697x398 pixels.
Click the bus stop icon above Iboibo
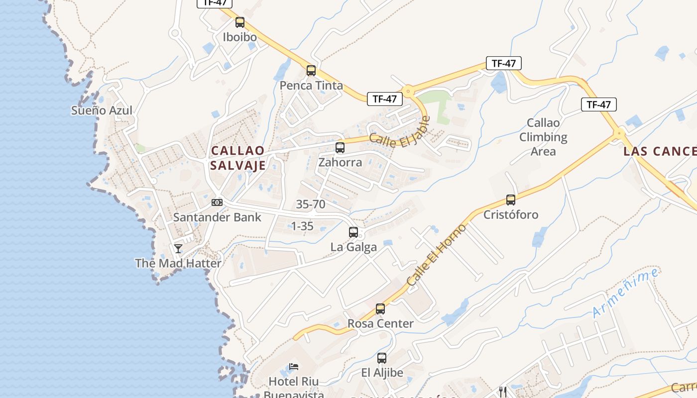point(240,22)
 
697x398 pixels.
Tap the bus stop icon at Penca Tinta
point(311,71)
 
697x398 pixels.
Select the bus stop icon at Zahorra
point(340,148)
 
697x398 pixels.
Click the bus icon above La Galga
point(353,232)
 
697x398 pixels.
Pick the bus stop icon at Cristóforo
point(511,200)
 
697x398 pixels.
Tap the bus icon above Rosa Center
point(380,309)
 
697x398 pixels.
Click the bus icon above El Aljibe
point(382,358)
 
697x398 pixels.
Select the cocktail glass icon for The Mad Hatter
point(178,248)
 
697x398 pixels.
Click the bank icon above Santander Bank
point(217,202)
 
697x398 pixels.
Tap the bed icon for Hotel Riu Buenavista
point(294,367)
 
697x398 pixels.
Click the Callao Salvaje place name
point(238,158)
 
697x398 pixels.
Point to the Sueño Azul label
point(102,110)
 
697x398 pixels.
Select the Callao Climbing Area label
point(543,137)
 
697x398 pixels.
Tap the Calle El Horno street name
point(437,255)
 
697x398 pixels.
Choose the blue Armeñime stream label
point(626,293)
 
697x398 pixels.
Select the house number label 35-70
point(311,204)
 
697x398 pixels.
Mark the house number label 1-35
point(302,226)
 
